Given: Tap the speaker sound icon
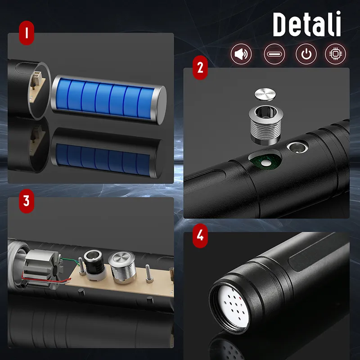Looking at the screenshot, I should [x=241, y=54].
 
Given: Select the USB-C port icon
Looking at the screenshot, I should [x=274, y=54].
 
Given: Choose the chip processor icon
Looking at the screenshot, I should [x=336, y=54].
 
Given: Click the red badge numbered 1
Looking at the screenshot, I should [x=27, y=32].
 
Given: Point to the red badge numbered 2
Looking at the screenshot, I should [x=200, y=67].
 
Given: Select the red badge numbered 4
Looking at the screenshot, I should [x=200, y=235].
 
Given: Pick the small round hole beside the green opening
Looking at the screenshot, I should [x=297, y=147].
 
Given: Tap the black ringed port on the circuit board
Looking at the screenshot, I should [x=95, y=264].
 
